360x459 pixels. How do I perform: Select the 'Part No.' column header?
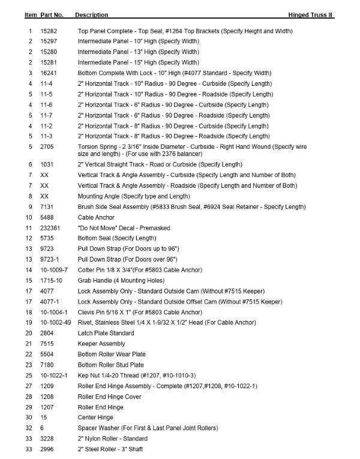click(x=52, y=14)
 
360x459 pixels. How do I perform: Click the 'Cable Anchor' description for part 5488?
click(x=97, y=217)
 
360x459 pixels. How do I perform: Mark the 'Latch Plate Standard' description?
click(x=106, y=333)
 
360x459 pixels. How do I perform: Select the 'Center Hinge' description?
click(x=95, y=417)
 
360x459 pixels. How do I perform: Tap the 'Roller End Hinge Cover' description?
click(x=110, y=396)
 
